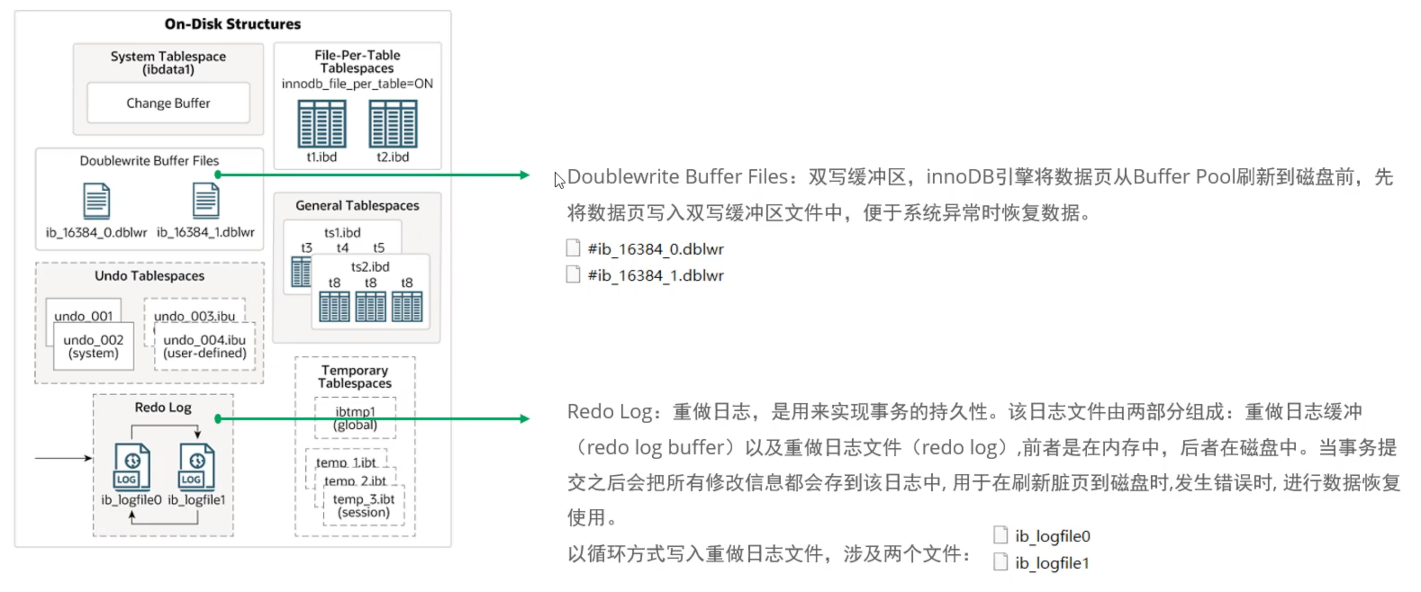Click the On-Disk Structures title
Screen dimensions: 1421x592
pos(232,24)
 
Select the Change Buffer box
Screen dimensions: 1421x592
pos(168,103)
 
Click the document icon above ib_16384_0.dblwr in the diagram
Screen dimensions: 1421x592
pos(96,201)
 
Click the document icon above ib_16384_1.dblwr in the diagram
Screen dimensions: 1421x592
pos(206,201)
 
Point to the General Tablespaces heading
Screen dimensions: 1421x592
pos(357,206)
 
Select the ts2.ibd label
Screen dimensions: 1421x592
pos(370,267)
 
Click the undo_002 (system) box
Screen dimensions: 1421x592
pos(93,346)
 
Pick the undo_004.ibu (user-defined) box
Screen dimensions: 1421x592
pos(205,346)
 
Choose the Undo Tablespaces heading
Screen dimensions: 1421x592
pos(149,276)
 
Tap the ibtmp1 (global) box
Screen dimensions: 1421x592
pos(355,418)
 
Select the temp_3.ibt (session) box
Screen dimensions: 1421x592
pos(363,506)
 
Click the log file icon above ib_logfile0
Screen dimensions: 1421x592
pos(132,467)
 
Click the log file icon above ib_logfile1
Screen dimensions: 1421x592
pos(197,467)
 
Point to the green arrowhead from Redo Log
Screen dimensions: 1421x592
pos(525,419)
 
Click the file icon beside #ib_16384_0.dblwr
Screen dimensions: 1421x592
pos(573,248)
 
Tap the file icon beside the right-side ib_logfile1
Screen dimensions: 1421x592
pos(1000,562)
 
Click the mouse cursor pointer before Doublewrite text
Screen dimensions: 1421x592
pos(559,179)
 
